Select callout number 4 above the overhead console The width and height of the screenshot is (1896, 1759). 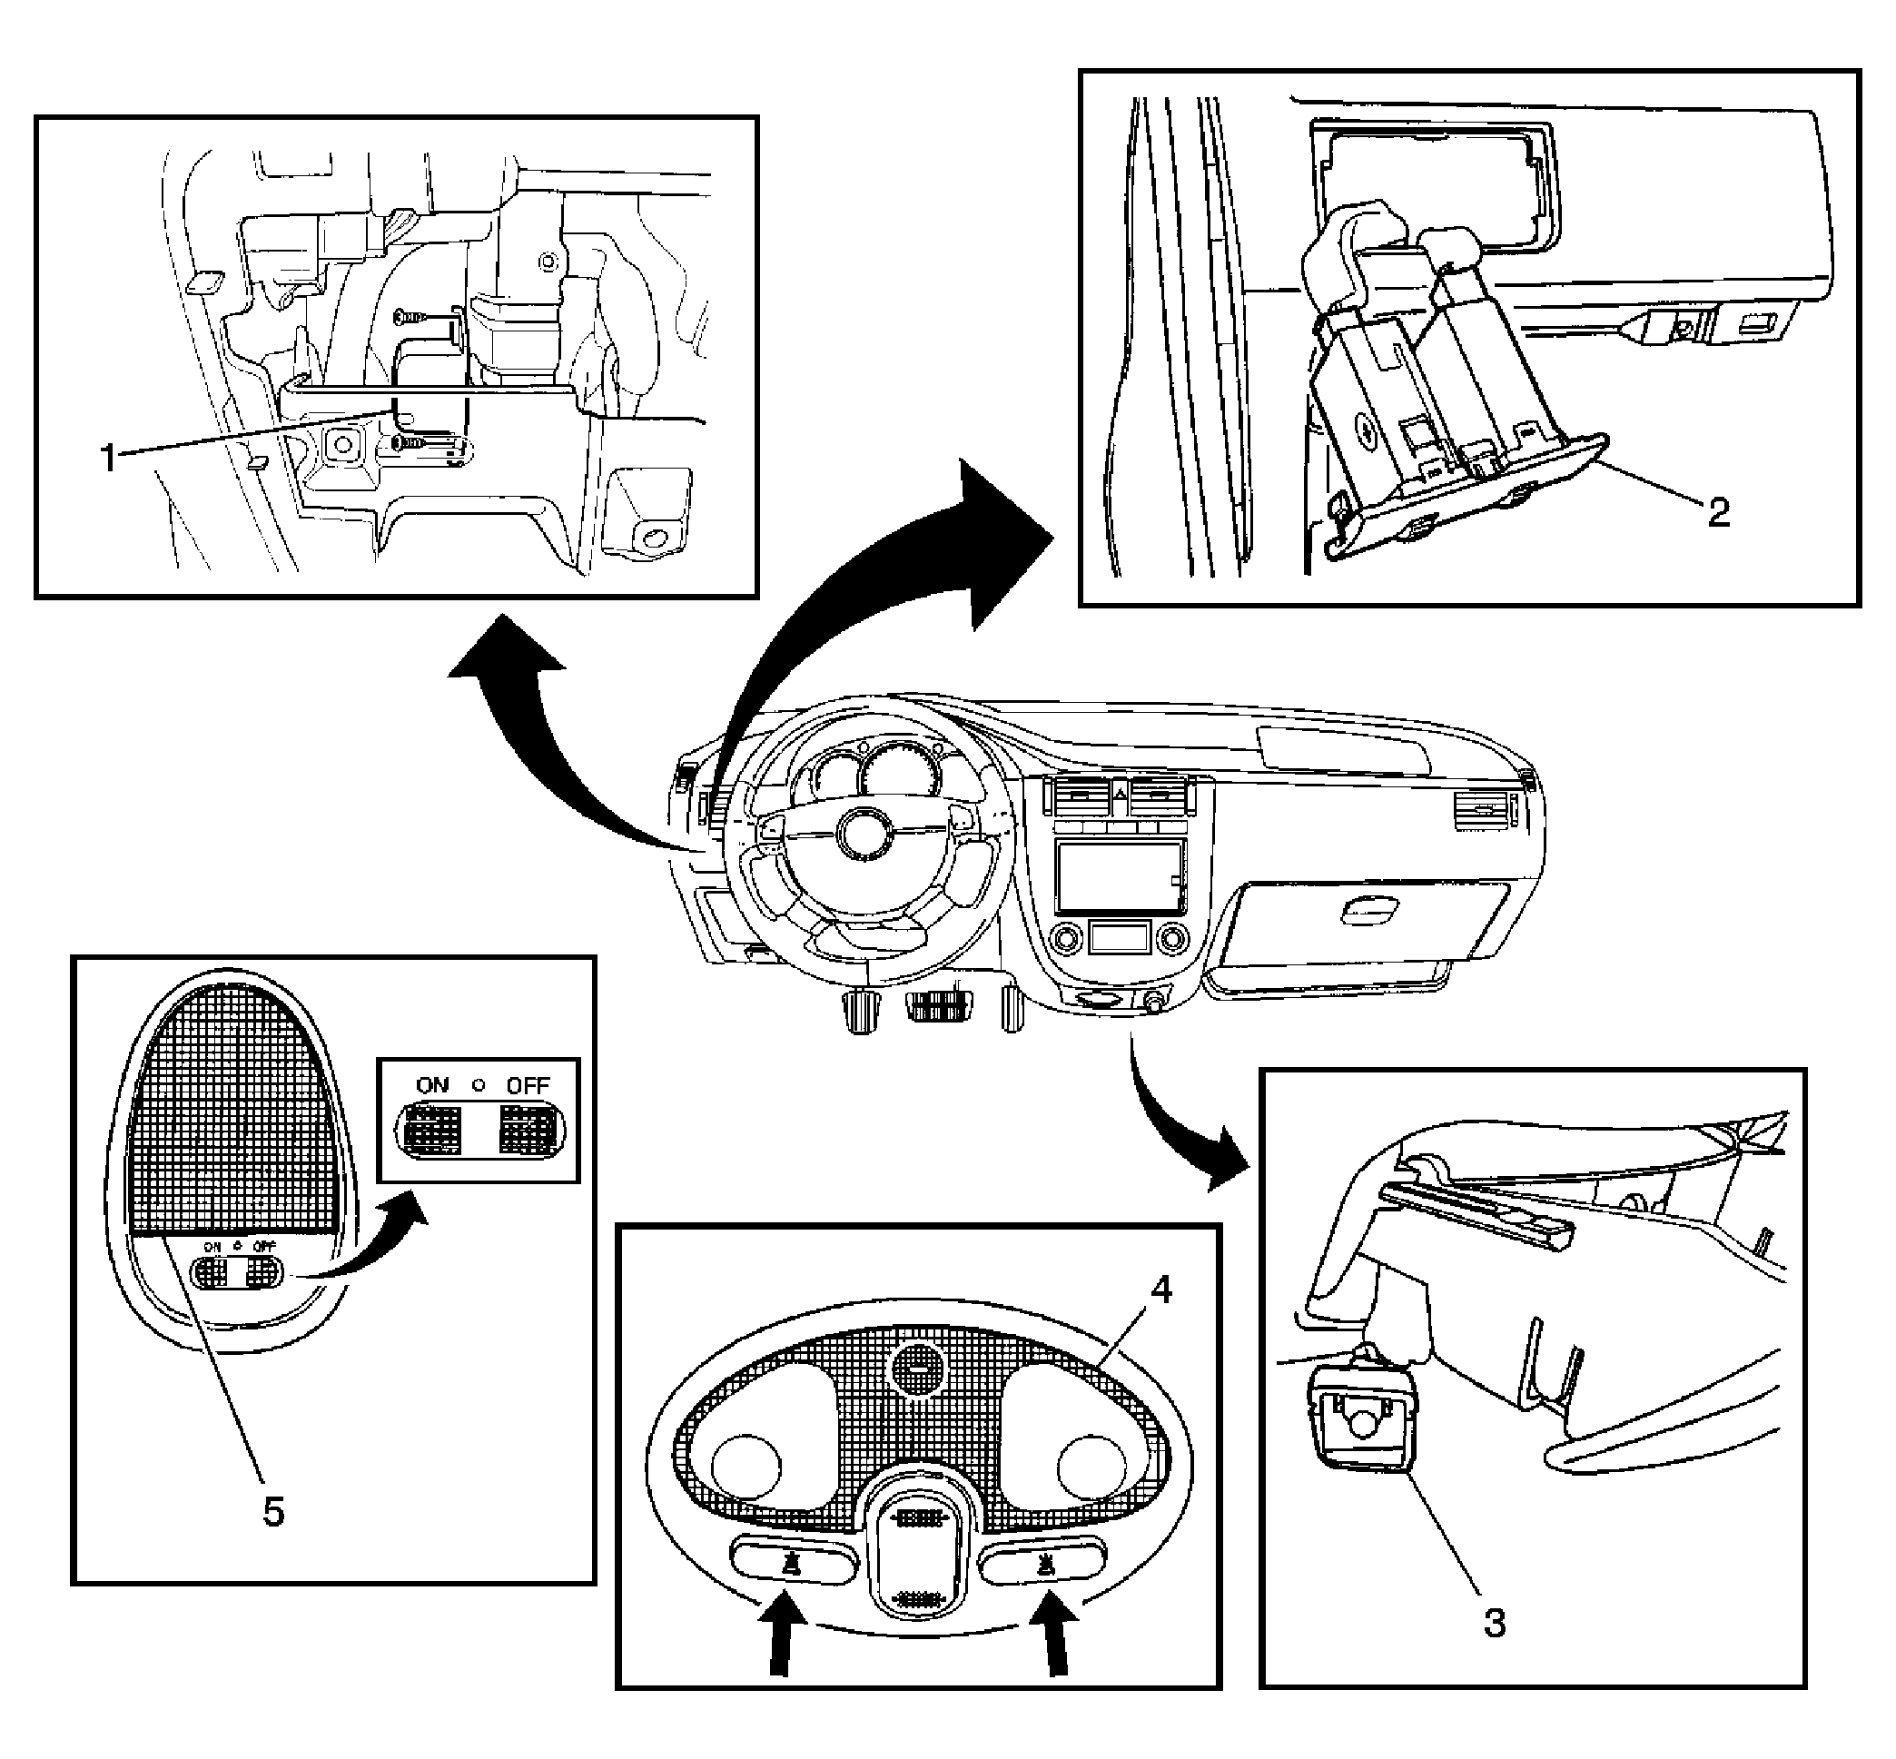coord(1161,1290)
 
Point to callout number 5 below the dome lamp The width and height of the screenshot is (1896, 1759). coord(273,1511)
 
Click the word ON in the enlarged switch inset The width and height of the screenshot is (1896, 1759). coord(432,1085)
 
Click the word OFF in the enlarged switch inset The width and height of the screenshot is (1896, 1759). coord(528,1085)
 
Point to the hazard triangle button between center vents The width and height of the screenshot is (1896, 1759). coord(1120,790)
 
